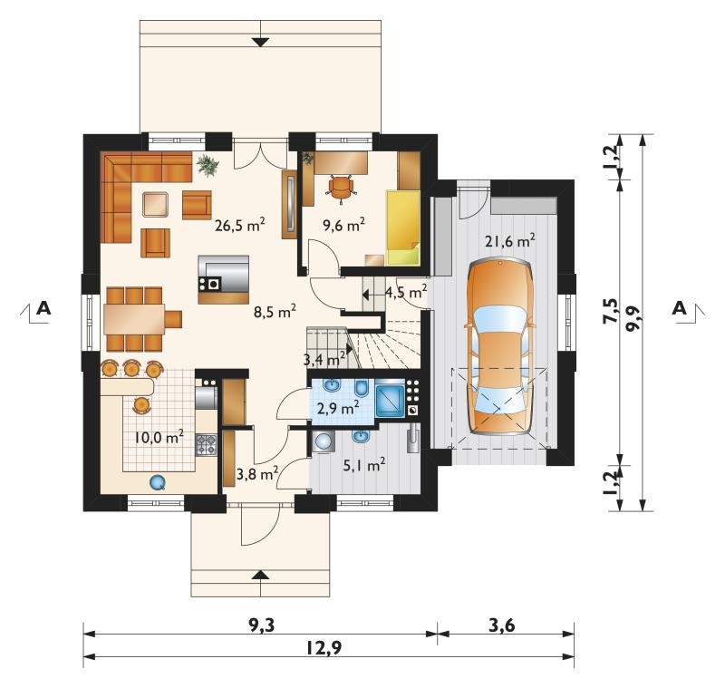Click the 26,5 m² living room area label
[x=240, y=225]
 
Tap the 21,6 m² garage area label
[x=510, y=240]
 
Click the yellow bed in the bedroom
[x=403, y=227]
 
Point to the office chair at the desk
[x=342, y=188]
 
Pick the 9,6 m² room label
[x=344, y=225]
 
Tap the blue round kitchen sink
[x=158, y=483]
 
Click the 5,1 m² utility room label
[x=364, y=465]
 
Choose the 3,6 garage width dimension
[x=502, y=625]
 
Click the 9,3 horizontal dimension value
[x=262, y=625]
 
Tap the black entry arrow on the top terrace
[x=261, y=42]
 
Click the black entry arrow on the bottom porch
[x=261, y=575]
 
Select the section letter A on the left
[x=43, y=307]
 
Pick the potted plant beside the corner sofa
[x=208, y=165]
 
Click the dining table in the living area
[x=134, y=319]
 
